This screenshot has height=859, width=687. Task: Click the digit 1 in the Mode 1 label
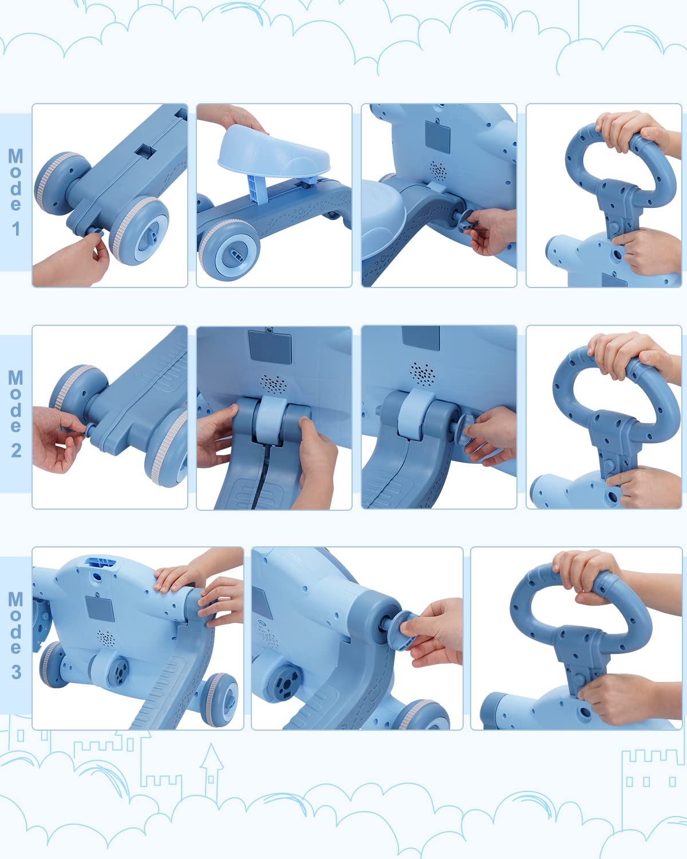pos(16,229)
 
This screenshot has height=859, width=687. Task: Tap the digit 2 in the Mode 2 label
pos(16,451)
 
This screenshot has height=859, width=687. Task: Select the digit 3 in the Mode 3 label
pos(16,672)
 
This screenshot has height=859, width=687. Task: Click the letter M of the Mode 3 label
pos(15,599)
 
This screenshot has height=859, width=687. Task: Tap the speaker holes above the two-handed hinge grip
pos(273,384)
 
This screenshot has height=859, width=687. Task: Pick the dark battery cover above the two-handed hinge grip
pos(270,346)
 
